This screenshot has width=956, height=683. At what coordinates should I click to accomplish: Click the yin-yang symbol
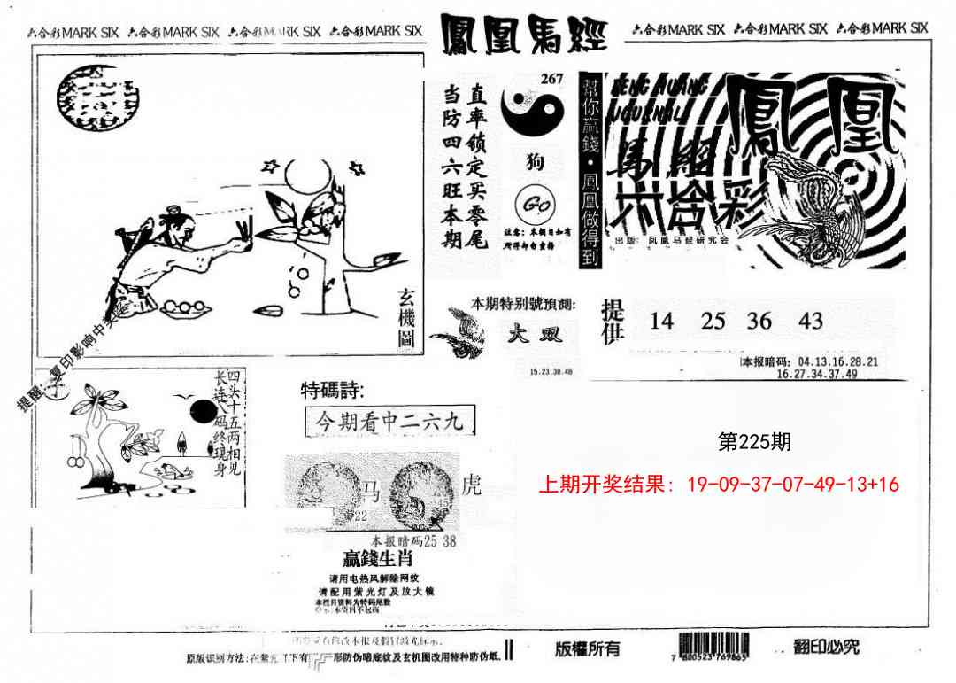click(533, 112)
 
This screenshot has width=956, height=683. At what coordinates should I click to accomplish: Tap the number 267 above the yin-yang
click(552, 79)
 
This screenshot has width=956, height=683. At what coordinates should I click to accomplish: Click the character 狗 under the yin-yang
click(535, 162)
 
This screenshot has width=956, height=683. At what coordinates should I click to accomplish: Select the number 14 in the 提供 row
click(661, 321)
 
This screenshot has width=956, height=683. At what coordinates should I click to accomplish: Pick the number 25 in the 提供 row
click(713, 321)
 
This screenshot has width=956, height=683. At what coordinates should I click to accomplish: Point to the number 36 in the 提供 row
click(759, 321)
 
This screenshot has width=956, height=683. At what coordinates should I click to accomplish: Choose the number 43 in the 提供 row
click(810, 321)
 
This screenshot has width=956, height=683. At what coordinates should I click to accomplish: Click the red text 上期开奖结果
click(605, 484)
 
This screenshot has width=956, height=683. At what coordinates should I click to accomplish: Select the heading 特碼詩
click(332, 390)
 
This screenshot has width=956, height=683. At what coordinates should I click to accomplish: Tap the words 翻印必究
click(827, 648)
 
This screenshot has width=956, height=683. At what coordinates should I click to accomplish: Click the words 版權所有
click(588, 648)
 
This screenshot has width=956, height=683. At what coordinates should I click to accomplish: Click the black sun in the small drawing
click(202, 412)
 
